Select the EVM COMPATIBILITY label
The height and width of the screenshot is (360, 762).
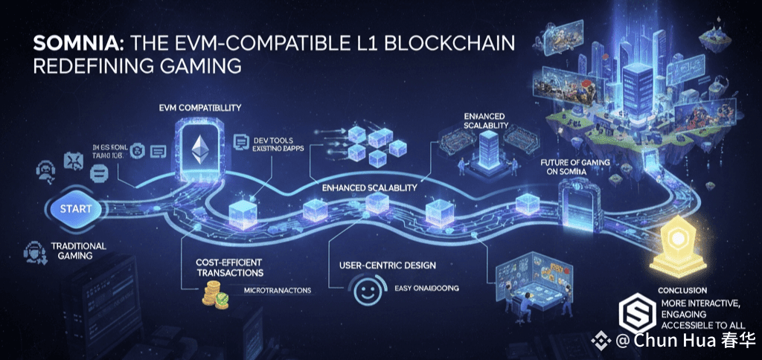(x=199, y=108)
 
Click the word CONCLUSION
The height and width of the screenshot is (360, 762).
(x=682, y=290)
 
